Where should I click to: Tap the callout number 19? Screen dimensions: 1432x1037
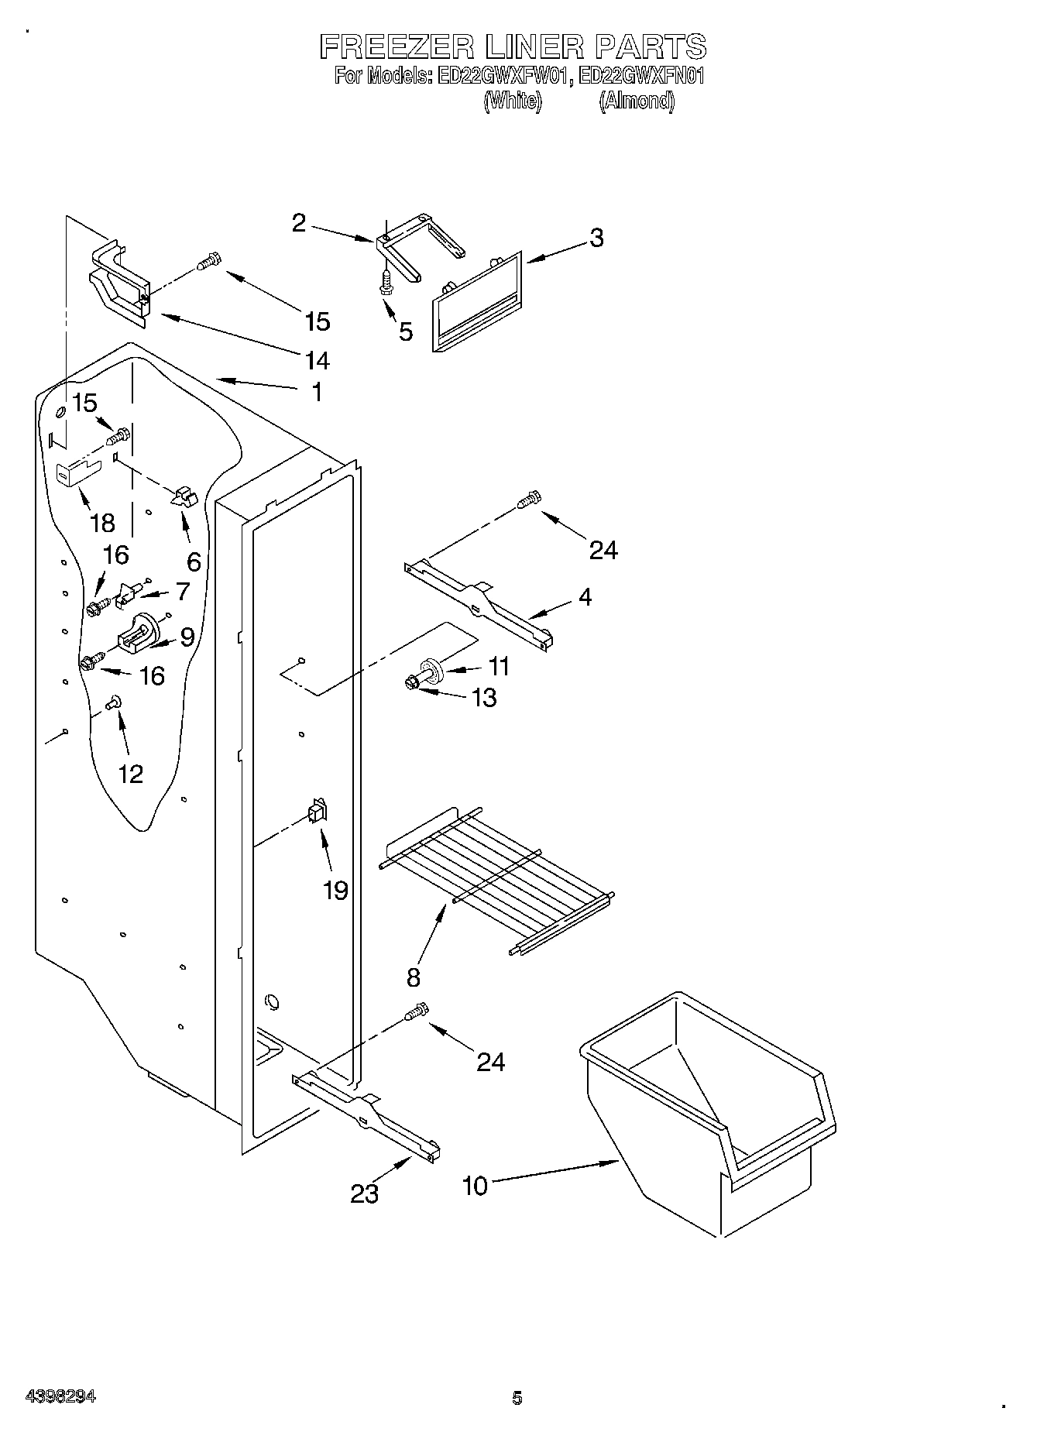335,891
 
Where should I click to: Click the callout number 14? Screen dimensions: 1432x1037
318,360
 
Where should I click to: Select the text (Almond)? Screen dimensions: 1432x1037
636,101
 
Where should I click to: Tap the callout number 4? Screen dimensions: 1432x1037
585,596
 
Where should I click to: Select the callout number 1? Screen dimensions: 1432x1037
316,392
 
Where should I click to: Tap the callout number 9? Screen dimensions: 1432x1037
187,637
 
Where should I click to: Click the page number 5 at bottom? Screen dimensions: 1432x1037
517,1398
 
